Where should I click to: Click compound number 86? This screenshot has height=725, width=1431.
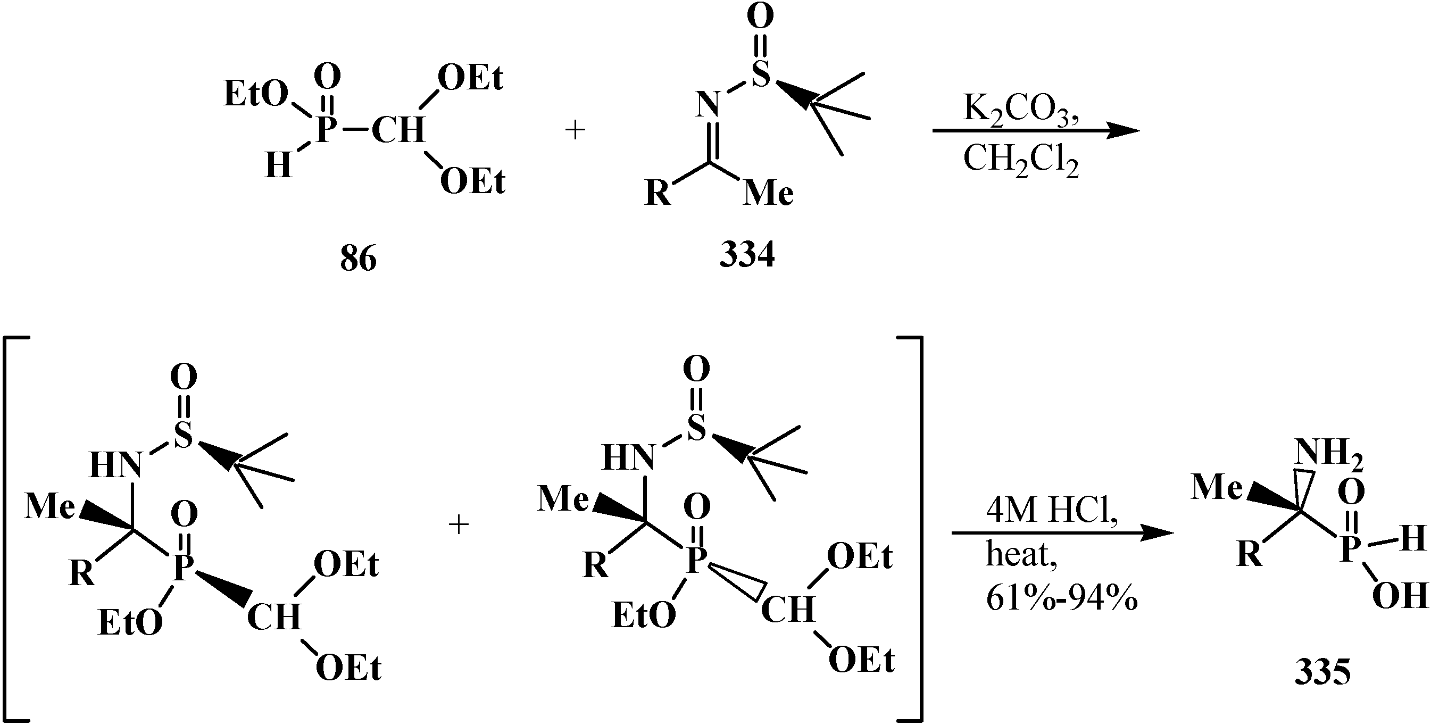coord(359,259)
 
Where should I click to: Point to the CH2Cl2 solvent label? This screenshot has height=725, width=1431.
coord(1021,161)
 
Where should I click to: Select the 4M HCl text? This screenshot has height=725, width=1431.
coord(1052,510)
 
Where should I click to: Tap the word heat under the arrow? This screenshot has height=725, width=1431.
coord(1021,554)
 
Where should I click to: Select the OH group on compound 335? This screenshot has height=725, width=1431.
coord(1400,596)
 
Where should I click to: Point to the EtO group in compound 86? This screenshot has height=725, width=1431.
coord(255,95)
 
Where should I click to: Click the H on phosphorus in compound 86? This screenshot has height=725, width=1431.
coord(278,165)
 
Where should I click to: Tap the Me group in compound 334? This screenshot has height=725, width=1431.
coord(768,194)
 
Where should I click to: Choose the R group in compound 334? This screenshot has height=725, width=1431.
coord(658,194)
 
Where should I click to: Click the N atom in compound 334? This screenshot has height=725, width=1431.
coord(707,105)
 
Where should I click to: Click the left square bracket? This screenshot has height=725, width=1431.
coord(14,528)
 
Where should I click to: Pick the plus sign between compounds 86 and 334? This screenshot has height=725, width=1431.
coord(575,131)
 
